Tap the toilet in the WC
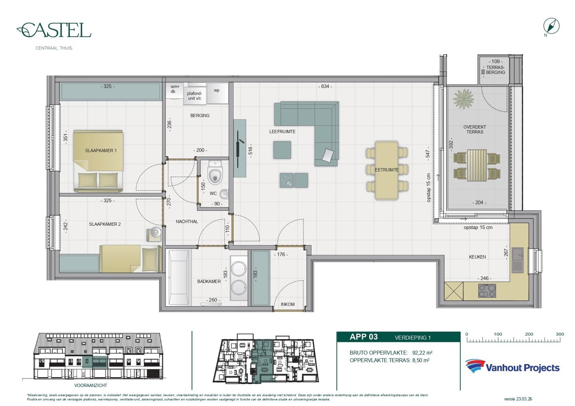215,172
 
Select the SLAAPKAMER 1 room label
101,151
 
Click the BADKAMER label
209,281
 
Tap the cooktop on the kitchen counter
487,291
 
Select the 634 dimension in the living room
325,86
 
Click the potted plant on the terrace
464,99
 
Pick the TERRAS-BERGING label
496,70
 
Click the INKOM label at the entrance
287,304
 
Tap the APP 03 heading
364,337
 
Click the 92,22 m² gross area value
422,353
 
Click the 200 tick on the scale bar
529,334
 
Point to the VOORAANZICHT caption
91,385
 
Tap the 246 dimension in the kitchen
484,278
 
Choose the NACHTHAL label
187,222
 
